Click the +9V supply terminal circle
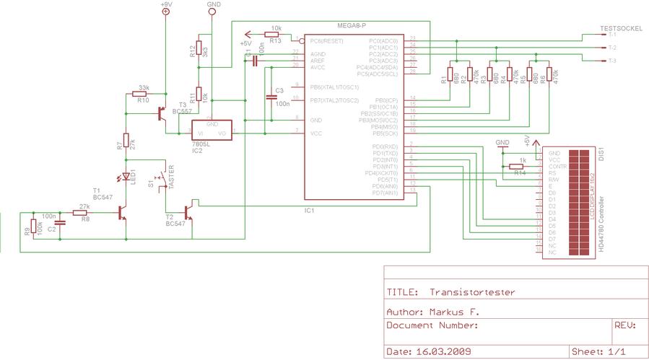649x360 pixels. (x=166, y=12)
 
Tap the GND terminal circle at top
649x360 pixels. (x=212, y=12)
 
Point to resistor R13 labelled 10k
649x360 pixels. (x=274, y=34)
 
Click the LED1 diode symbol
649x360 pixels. (x=126, y=176)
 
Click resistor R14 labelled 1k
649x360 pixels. (x=518, y=167)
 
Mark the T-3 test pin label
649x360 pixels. (x=612, y=61)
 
